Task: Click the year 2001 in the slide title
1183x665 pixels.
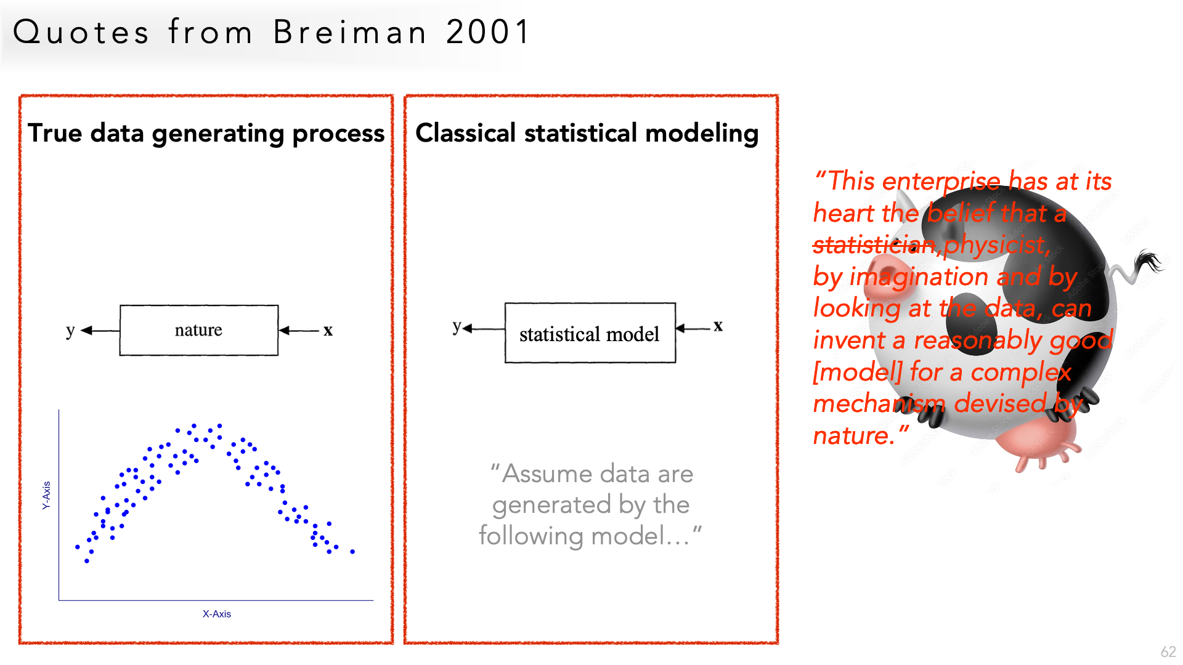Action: coord(487,32)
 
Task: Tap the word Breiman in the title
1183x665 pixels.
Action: coord(349,32)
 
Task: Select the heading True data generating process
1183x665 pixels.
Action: coord(206,134)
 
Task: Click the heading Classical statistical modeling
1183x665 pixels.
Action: coord(587,134)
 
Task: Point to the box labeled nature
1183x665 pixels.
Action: coord(198,330)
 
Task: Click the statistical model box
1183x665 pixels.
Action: coord(590,332)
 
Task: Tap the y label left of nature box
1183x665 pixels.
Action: coord(70,331)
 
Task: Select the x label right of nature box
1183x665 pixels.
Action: coord(328,331)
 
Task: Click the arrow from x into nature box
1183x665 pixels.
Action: coord(299,331)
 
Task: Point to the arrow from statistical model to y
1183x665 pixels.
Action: coord(484,329)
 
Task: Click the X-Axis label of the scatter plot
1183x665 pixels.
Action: coord(217,614)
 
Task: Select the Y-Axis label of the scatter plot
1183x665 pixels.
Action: coord(46,495)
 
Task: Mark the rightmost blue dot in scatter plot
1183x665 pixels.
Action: coord(352,552)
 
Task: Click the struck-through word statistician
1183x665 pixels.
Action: coord(874,245)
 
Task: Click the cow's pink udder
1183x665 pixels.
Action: coord(1037,444)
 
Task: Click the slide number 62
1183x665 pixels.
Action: coord(1168,651)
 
